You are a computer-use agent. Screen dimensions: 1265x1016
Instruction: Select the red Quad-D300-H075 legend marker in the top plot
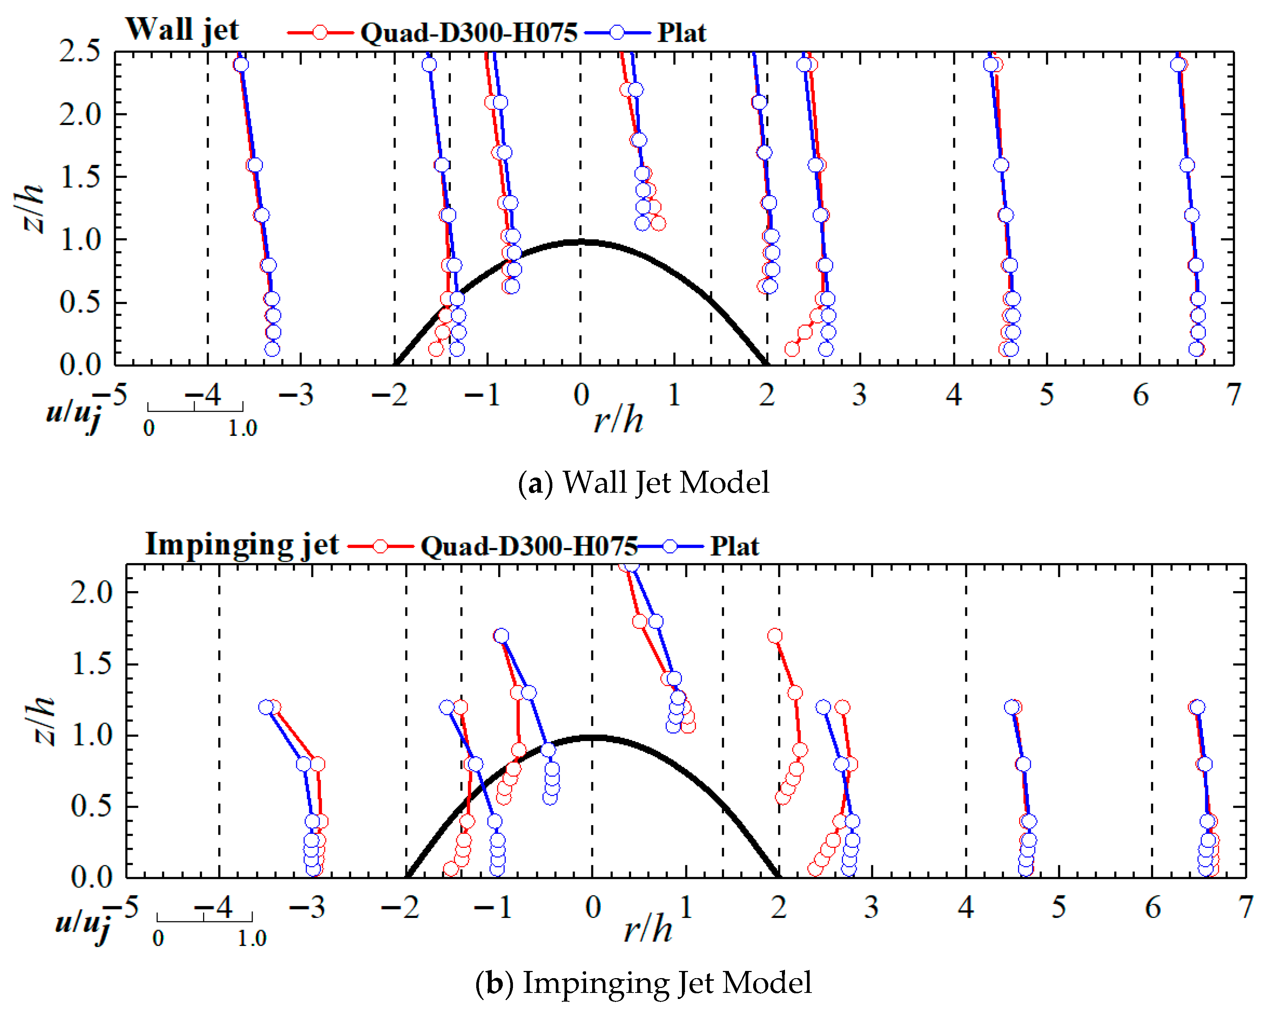tap(320, 32)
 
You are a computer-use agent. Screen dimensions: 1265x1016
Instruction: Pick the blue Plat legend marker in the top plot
tap(617, 32)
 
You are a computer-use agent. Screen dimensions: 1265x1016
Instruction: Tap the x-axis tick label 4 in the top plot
tap(954, 395)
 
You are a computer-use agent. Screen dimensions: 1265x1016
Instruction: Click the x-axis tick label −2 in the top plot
tap(389, 395)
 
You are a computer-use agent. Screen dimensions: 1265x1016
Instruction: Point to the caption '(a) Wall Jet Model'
tap(644, 482)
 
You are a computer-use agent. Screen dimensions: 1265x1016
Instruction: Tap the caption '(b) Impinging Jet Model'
tap(644, 983)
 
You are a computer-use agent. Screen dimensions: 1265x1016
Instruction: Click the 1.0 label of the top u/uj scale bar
tap(243, 428)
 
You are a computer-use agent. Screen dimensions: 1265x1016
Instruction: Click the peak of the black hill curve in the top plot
tap(581, 242)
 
